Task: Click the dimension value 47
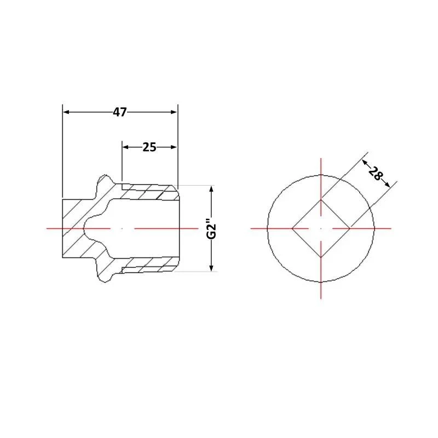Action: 120,112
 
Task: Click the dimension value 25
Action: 149,147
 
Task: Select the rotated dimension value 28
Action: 375,173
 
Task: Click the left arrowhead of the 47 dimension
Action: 66,112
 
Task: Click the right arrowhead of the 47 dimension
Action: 174,112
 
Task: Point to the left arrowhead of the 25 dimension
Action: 126,147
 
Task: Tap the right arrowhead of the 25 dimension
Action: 174,147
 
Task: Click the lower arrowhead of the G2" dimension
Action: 211,268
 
